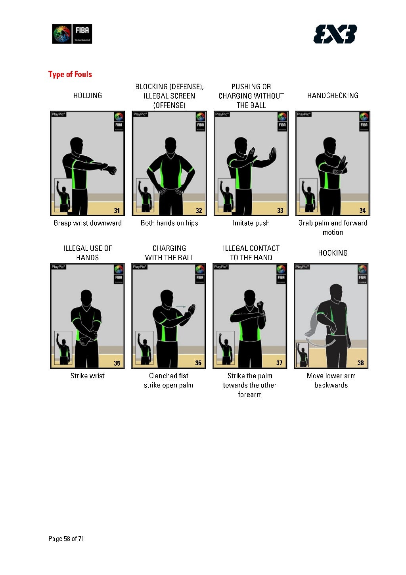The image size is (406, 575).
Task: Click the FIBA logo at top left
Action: click(72, 34)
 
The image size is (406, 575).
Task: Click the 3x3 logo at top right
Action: click(335, 34)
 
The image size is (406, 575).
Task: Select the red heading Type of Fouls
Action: click(70, 75)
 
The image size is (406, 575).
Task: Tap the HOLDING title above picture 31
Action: click(88, 96)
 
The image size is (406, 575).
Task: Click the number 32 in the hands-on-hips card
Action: click(199, 211)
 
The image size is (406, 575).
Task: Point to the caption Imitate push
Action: click(251, 223)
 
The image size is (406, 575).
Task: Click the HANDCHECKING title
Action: click(333, 96)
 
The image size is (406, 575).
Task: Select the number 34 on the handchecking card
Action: click(362, 211)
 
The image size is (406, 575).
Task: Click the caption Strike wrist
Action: click(88, 376)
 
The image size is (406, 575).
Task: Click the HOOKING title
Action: click(333, 253)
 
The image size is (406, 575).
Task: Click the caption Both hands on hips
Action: click(169, 223)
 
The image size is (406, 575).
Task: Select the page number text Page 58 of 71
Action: click(66, 539)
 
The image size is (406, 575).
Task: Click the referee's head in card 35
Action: click(86, 297)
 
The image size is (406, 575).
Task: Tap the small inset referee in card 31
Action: click(63, 195)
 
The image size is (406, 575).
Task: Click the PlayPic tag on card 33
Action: click(222, 115)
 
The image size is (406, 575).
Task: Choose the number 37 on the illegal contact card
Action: click(280, 363)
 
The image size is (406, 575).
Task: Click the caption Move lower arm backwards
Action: click(331, 381)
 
